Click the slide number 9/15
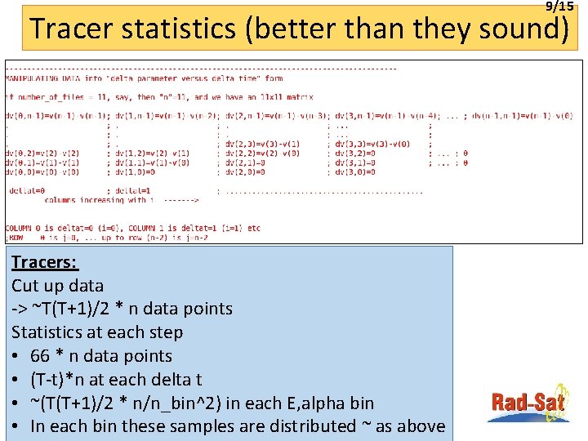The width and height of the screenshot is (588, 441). pos(559,6)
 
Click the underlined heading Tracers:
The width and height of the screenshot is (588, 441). pos(45,262)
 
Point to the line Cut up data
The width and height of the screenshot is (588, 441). pos(57,286)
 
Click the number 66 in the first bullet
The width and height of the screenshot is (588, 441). pos(40,356)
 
